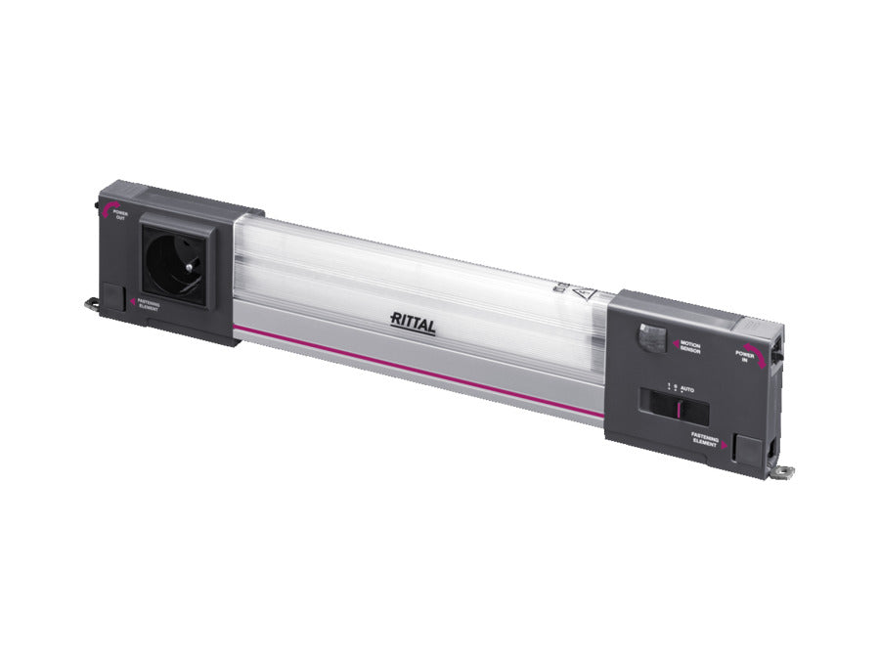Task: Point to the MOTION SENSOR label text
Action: [x=690, y=346]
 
